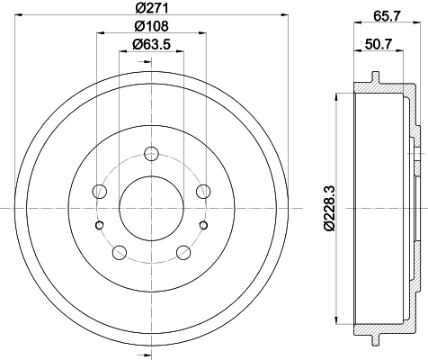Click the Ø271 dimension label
[x=151, y=8]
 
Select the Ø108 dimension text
[x=151, y=26]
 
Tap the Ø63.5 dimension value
[x=151, y=45]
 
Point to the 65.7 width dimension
[x=387, y=16]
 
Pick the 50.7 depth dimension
[x=379, y=45]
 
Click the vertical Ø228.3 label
[x=329, y=209]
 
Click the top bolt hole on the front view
[x=151, y=154]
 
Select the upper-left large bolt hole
[x=100, y=191]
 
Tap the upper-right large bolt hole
[x=203, y=191]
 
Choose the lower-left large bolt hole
[x=119, y=252]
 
